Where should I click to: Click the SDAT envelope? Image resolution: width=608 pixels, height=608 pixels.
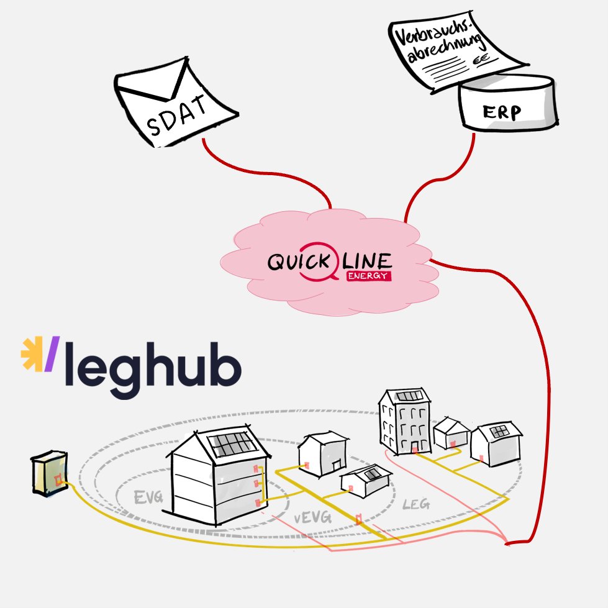[175, 102]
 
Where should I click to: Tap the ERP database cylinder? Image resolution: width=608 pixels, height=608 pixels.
[508, 102]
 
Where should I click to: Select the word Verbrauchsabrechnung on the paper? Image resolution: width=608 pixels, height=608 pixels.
[438, 41]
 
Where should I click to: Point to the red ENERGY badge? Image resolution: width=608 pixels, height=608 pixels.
[369, 276]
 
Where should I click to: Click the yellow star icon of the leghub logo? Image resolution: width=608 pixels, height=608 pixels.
[32, 353]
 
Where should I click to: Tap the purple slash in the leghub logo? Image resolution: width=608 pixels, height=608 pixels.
[52, 353]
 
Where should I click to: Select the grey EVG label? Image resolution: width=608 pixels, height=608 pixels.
[148, 497]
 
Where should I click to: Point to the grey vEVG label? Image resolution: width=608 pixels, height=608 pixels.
[312, 517]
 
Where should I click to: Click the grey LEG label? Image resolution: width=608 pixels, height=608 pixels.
[416, 504]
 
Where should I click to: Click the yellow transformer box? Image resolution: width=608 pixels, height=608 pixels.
[50, 473]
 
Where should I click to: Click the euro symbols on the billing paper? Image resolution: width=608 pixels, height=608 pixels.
[481, 60]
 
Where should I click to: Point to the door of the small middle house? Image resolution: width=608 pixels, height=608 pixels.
[337, 465]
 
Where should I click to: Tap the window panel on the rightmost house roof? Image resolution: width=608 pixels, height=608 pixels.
[499, 431]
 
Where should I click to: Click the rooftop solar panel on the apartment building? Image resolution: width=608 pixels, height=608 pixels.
[409, 396]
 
